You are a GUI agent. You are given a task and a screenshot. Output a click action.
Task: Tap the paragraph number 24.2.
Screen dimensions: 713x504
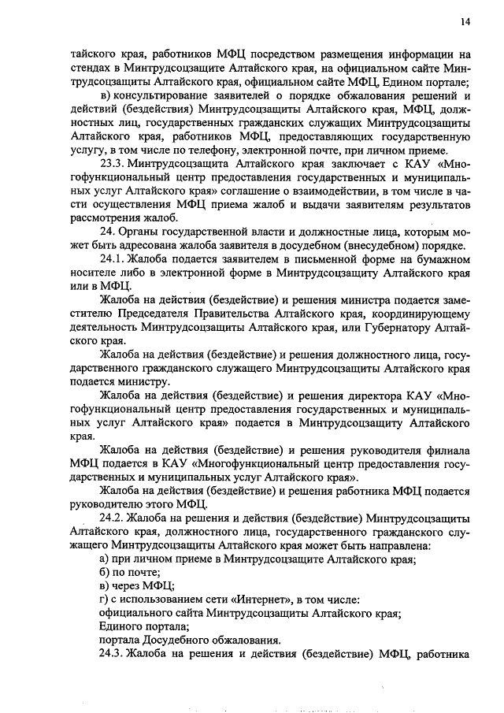(113, 518)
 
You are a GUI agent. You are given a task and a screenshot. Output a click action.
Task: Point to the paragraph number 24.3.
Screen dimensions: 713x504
(113, 653)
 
